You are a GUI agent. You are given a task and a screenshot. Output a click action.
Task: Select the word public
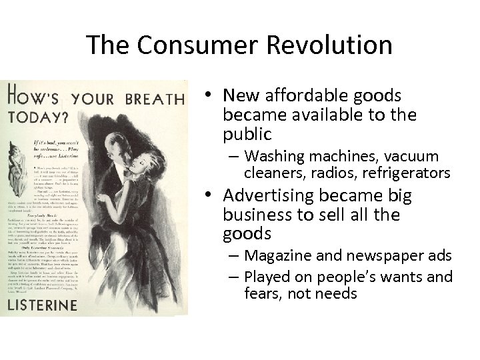click(248, 133)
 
